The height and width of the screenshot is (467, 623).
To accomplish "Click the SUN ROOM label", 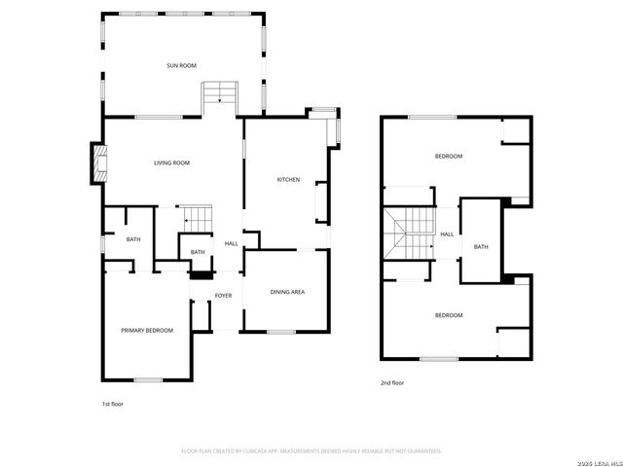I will click(x=181, y=65).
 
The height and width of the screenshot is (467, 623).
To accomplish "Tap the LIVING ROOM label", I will click(x=171, y=162).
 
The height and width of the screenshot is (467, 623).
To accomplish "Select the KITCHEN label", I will click(x=288, y=180).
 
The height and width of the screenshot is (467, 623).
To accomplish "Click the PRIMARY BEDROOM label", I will click(x=147, y=331).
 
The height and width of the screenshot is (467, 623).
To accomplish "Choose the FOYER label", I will click(x=223, y=295).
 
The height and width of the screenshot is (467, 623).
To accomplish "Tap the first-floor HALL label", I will click(x=232, y=243).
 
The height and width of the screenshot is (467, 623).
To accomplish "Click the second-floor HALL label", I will click(x=447, y=234).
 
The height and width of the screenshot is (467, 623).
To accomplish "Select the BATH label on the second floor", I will click(x=481, y=246).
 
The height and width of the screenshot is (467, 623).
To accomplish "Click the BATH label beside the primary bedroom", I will click(x=133, y=239).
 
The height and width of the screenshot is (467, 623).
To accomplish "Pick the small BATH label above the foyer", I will click(x=198, y=253).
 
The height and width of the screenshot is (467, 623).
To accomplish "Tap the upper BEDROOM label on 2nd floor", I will click(x=448, y=157).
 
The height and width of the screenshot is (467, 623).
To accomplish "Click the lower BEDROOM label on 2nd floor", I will click(x=448, y=315).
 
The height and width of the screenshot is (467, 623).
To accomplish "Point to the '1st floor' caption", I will click(x=113, y=403).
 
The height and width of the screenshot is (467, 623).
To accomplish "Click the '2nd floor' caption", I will click(x=392, y=383).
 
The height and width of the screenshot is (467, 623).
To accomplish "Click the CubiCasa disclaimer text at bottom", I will click(x=311, y=451).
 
